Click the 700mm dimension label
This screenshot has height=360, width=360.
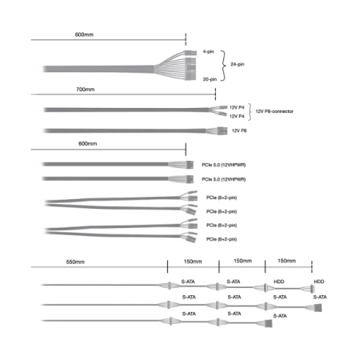[86, 90]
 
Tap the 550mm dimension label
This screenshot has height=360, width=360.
[75, 262]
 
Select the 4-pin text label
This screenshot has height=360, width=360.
[208, 51]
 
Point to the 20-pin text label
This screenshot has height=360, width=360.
[210, 79]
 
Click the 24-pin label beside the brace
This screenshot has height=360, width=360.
[238, 64]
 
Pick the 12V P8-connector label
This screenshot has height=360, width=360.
[274, 111]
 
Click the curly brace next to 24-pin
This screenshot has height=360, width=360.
[223, 66]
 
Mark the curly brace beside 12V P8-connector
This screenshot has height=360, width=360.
[250, 112]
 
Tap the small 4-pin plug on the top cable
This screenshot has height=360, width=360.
[190, 53]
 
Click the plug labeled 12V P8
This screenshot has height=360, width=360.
[222, 131]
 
